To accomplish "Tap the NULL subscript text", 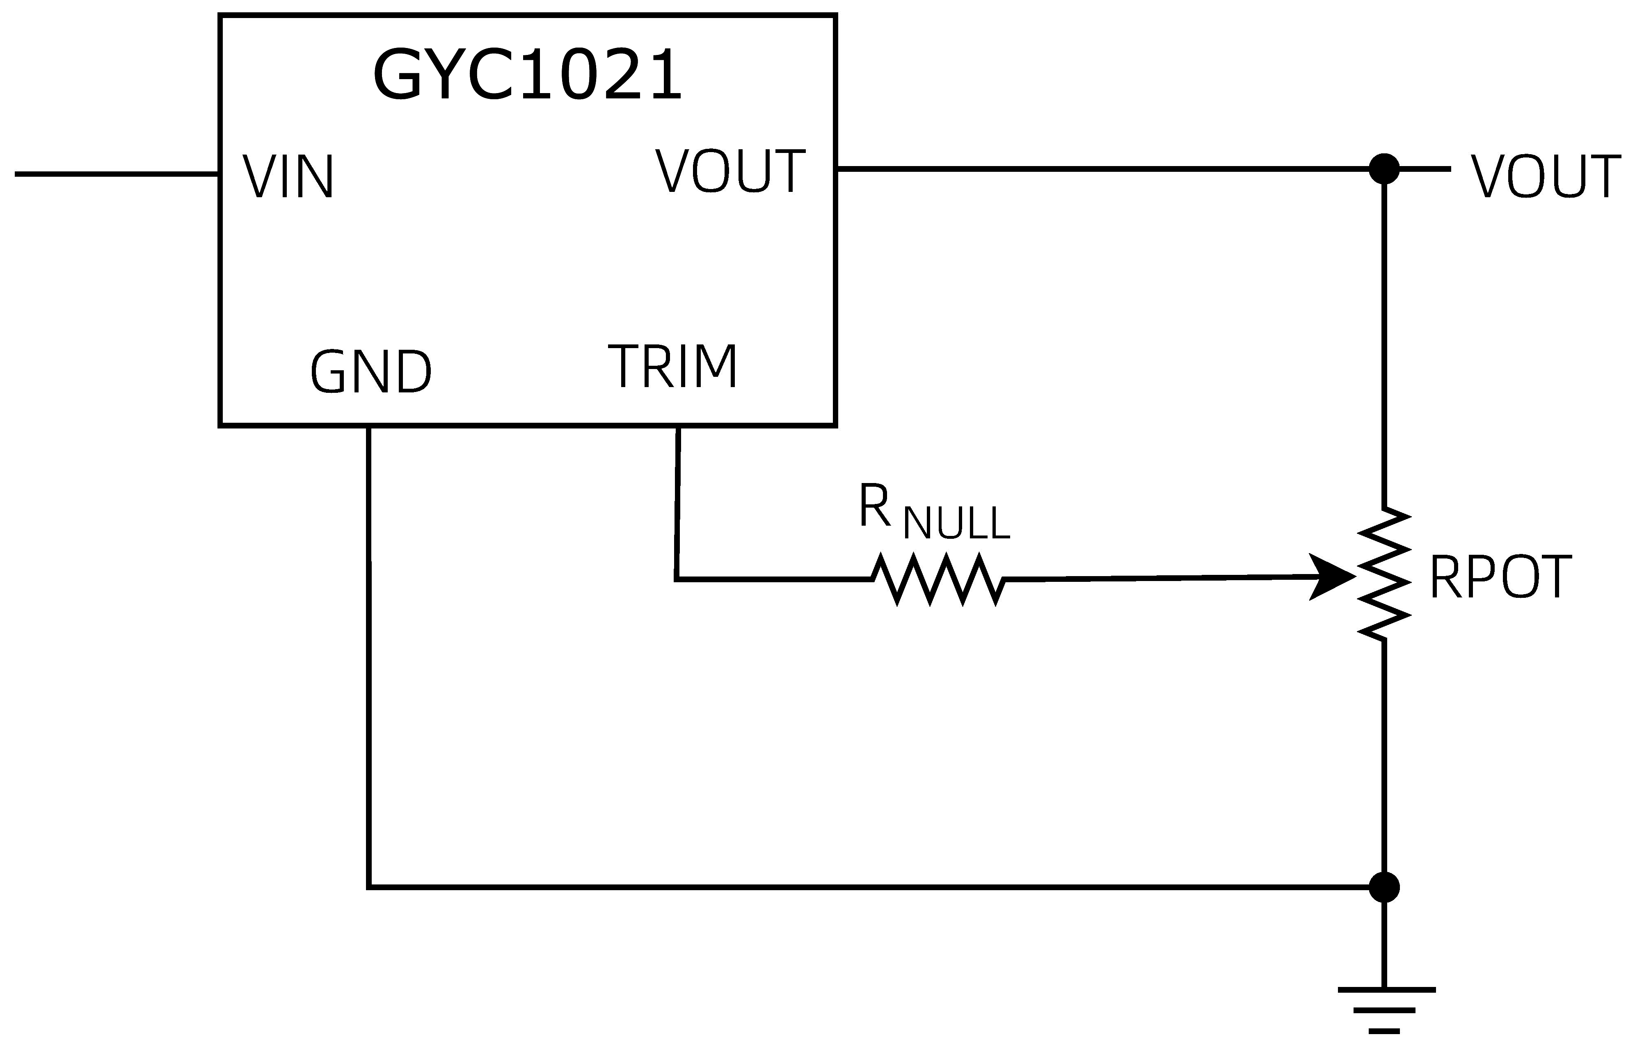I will tap(956, 524).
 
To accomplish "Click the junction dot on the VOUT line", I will tap(1384, 169).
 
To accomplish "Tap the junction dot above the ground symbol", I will tap(1384, 887).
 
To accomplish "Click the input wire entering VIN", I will tap(116, 174).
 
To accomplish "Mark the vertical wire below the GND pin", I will tap(369, 652).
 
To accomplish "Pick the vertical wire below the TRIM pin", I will tap(677, 503).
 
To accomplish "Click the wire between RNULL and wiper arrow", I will tap(1155, 579).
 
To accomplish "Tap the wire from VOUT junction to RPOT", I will tap(1384, 340).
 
